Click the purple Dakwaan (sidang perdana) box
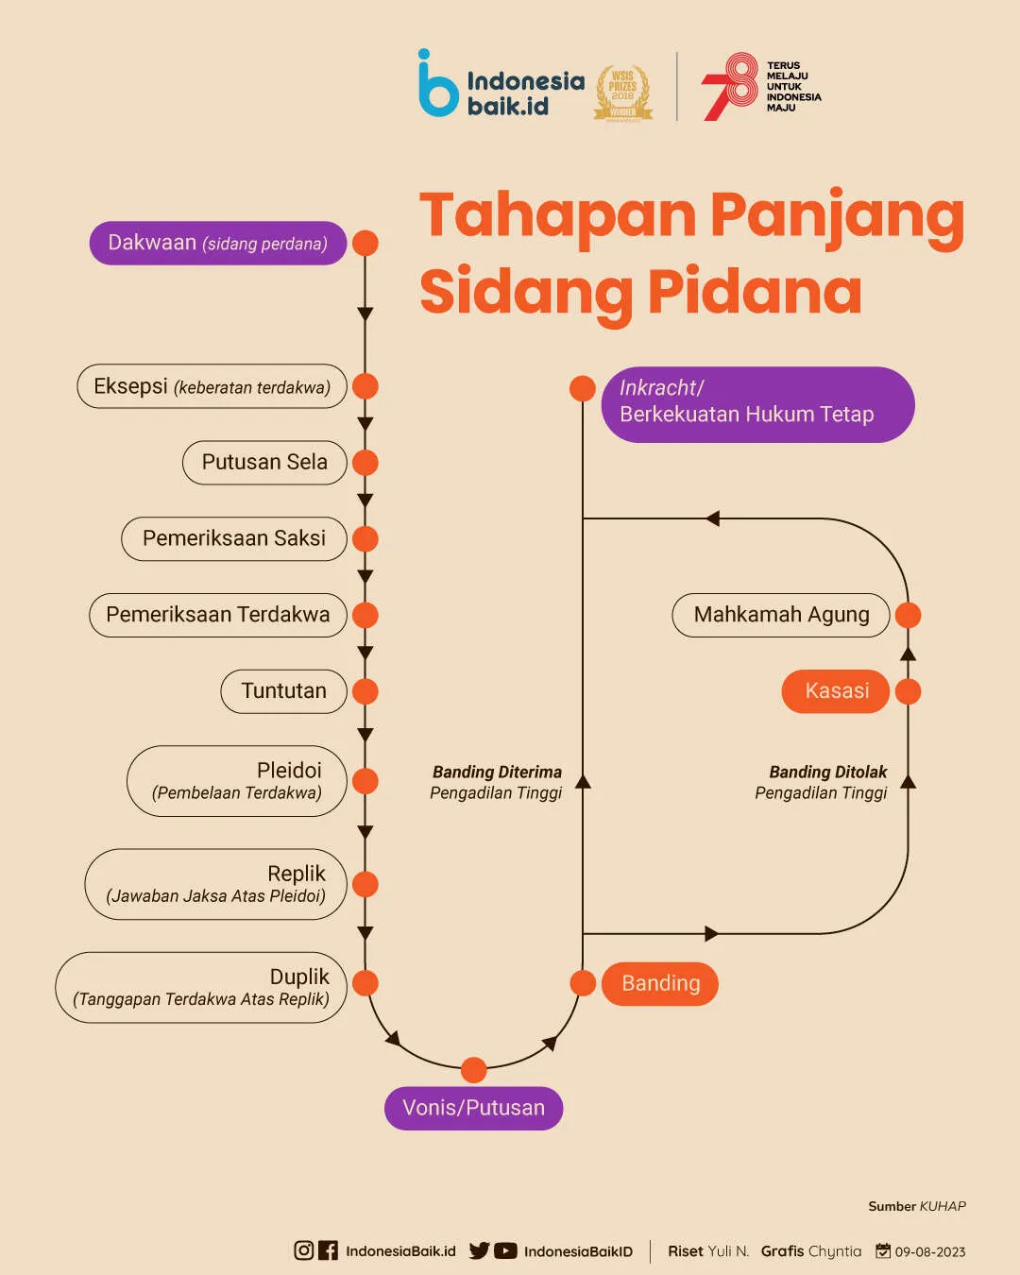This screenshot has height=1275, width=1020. tap(217, 243)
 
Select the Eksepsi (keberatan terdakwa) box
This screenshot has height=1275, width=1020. tap(212, 386)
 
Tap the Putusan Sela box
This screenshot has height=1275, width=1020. tap(264, 463)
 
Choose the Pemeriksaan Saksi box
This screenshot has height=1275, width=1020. tap(233, 538)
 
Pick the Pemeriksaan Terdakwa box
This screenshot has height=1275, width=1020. tap(217, 615)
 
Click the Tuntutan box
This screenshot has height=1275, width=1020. tap(283, 691)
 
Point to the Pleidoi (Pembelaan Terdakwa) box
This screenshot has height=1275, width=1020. tap(236, 781)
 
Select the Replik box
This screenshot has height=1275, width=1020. tap(215, 884)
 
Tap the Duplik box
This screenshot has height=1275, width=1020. tap(200, 987)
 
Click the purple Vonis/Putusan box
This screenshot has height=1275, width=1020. tap(473, 1108)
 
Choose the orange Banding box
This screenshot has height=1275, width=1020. tap(660, 983)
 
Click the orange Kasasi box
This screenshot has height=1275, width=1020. tap(836, 691)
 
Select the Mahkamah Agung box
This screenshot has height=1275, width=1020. tap(781, 615)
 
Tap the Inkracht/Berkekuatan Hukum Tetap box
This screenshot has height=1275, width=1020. tap(757, 404)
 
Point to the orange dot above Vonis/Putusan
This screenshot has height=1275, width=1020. tap(473, 1070)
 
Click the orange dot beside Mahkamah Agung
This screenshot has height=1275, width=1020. tap(908, 615)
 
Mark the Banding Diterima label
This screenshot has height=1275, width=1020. tap(497, 773)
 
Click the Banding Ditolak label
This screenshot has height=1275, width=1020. tap(827, 773)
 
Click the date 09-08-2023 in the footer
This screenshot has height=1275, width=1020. tap(929, 1251)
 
